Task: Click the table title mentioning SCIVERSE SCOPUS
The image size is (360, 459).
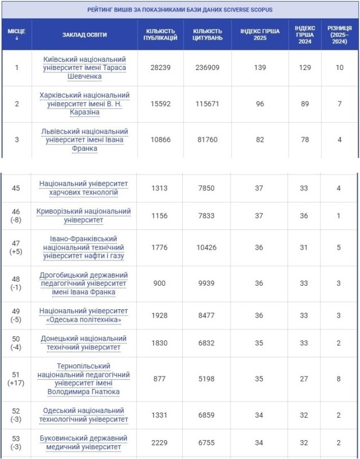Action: (180, 10)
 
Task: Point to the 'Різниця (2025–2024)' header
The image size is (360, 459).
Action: (340, 34)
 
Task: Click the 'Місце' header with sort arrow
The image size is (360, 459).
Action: (17, 34)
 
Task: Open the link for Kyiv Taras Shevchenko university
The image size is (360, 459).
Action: (85, 68)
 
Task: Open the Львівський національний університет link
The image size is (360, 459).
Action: (85, 140)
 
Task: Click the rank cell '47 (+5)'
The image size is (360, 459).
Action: (17, 247)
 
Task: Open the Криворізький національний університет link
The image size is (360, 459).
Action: (85, 216)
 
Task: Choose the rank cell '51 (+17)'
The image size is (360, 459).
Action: (17, 379)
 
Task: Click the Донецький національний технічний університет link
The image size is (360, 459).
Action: (85, 343)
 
